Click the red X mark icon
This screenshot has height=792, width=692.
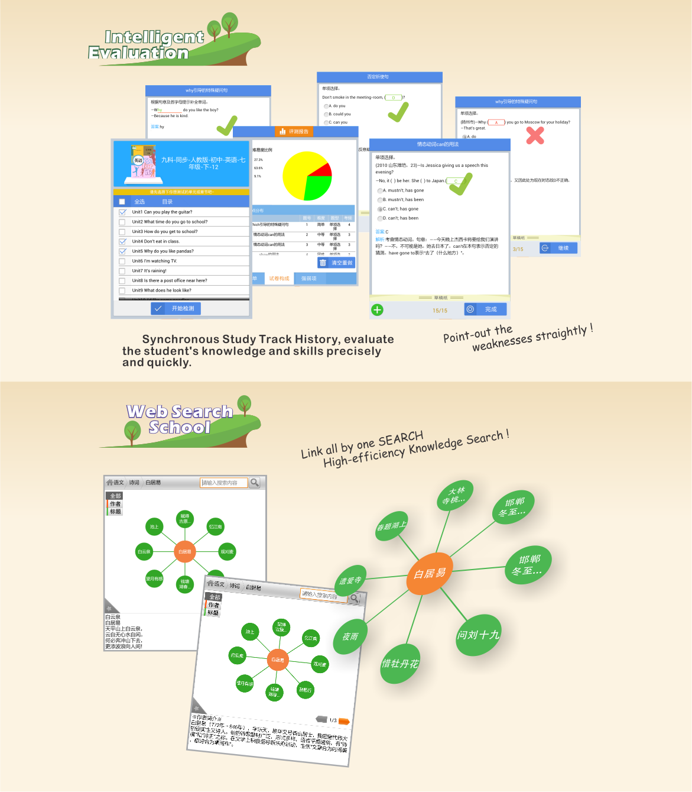pos(535,135)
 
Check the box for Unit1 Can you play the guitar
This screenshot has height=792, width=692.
pos(122,212)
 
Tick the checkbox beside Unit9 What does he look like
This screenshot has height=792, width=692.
pos(122,291)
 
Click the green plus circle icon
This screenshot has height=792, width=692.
pos(377,310)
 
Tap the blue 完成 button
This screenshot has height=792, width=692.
pos(485,309)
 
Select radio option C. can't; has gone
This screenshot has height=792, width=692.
pos(380,209)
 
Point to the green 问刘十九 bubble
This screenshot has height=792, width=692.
pos(478,635)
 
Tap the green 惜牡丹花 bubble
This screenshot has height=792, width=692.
pos(401,664)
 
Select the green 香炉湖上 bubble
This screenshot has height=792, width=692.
pos(391,526)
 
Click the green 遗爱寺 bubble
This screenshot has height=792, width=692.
pos(350,581)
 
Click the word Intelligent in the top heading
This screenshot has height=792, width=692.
pos(154,37)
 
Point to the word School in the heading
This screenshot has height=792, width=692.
pos(179,427)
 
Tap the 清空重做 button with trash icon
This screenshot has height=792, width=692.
pos(336,263)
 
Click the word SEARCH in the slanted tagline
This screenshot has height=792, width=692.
pos(400,439)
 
